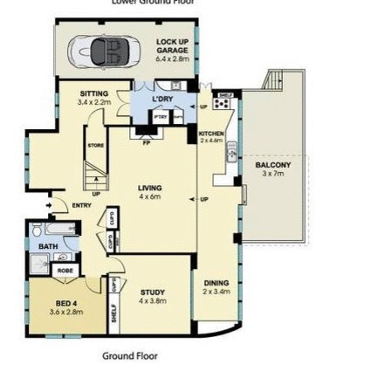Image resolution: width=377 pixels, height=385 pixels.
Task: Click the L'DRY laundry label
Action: pyautogui.click(x=163, y=100)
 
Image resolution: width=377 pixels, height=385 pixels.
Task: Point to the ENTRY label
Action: pyautogui.click(x=80, y=206)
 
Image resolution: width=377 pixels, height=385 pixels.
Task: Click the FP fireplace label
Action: pyautogui.click(x=146, y=139)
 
